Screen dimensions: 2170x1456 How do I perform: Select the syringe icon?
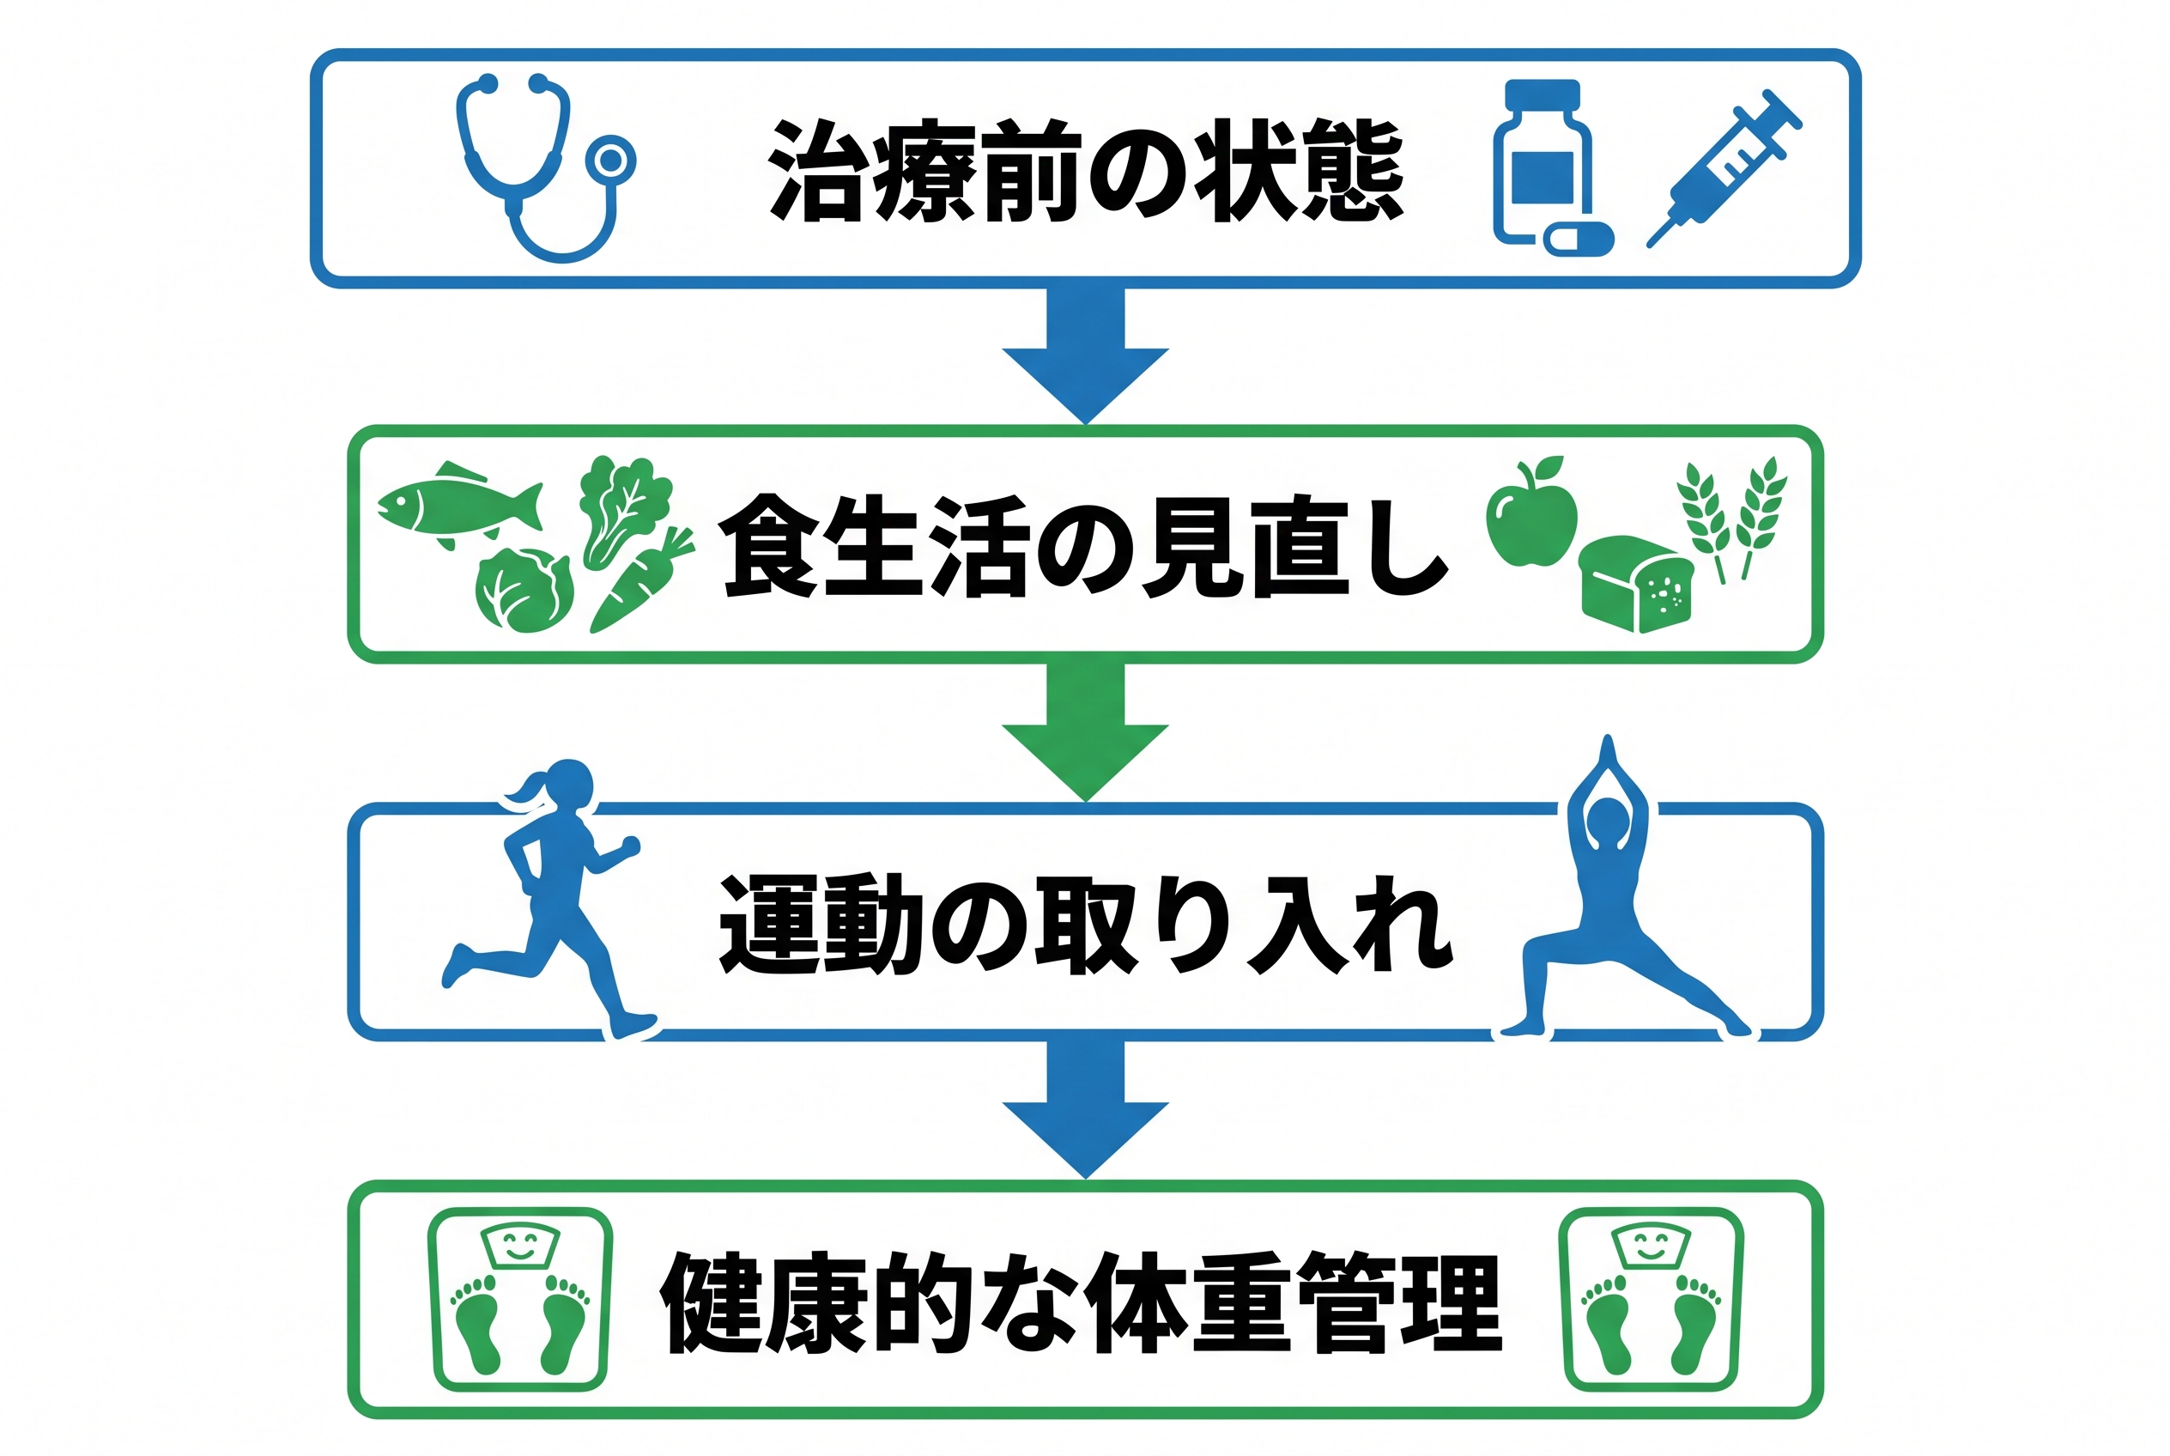1724,168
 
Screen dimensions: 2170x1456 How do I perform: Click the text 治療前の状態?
1086,171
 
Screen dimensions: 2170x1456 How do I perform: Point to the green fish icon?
459,505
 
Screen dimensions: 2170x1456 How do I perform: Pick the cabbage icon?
524,591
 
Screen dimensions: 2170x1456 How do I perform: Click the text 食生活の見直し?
1083,546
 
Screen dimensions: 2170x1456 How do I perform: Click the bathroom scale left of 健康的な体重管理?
520,1299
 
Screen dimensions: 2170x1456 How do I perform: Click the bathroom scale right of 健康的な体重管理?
1652,1299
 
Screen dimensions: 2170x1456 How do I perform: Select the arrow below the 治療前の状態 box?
1086,356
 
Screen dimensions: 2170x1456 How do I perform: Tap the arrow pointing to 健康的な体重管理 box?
1086,1111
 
